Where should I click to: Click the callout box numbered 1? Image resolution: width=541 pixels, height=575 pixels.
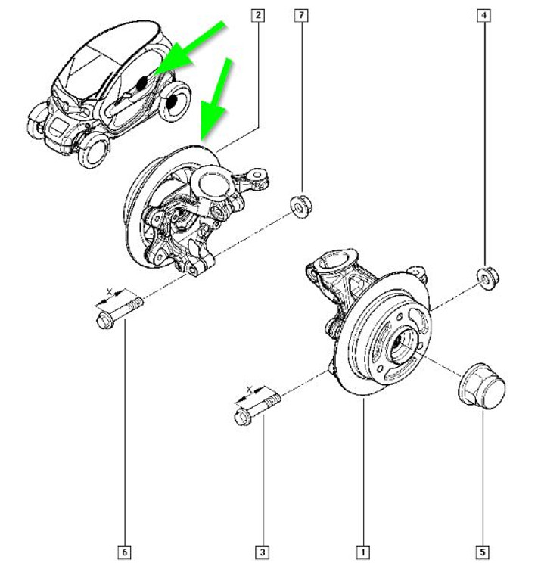364,553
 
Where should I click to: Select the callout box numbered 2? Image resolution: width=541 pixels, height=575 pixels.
259,15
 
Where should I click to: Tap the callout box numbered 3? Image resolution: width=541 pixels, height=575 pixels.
263,553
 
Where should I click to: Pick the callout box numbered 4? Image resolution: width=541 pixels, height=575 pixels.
482,15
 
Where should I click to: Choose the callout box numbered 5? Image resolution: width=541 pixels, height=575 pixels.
482,553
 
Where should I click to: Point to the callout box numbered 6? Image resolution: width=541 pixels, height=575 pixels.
123,553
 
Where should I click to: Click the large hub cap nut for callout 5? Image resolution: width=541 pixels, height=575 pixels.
481,386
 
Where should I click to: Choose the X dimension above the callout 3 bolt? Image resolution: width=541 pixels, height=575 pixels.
253,391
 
